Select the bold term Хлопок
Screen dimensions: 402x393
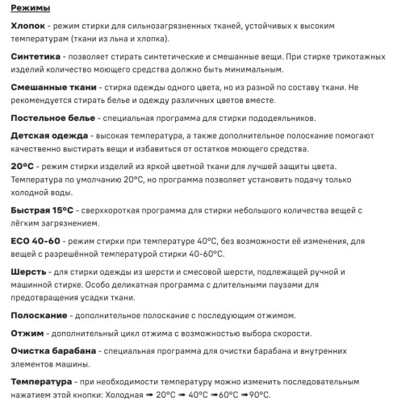tap(31, 27)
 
